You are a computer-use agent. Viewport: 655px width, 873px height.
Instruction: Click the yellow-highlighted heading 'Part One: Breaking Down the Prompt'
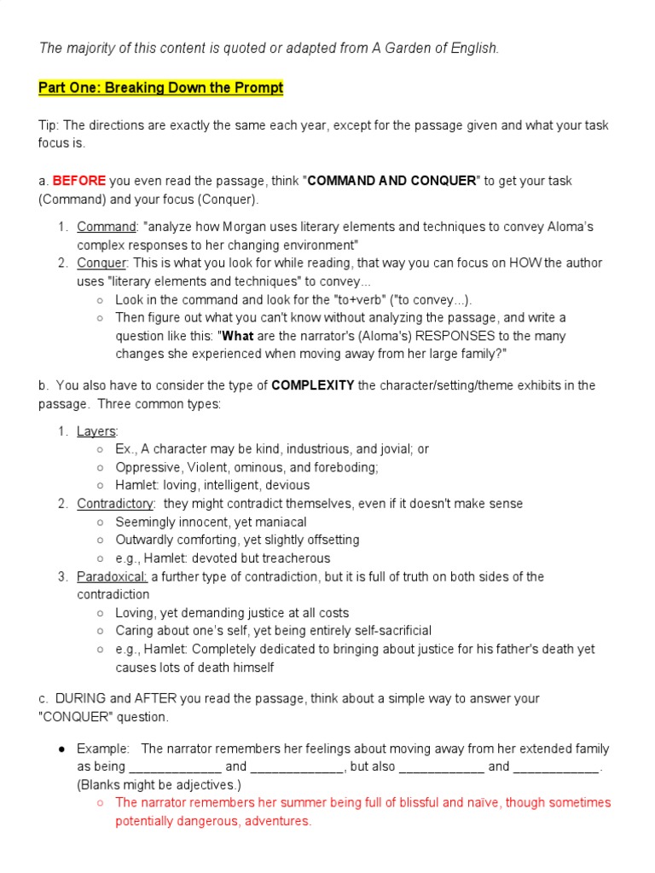[161, 88]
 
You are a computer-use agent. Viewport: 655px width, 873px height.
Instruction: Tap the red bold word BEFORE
[79, 181]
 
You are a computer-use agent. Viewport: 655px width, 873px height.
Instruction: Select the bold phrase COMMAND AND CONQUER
[391, 181]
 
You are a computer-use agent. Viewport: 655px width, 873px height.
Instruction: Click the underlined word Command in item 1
[107, 227]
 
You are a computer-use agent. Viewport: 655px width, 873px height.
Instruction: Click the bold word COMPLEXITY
[313, 385]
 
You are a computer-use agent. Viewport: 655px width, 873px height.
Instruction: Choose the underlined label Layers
[97, 431]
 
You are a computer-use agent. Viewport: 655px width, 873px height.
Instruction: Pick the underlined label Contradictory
[115, 503]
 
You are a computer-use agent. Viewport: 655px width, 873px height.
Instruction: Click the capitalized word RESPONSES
[413, 336]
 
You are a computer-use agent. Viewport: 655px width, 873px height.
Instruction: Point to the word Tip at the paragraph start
[49, 125]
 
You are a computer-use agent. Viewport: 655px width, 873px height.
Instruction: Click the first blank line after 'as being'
[175, 766]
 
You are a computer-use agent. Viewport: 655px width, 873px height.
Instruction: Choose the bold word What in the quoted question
[239, 336]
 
